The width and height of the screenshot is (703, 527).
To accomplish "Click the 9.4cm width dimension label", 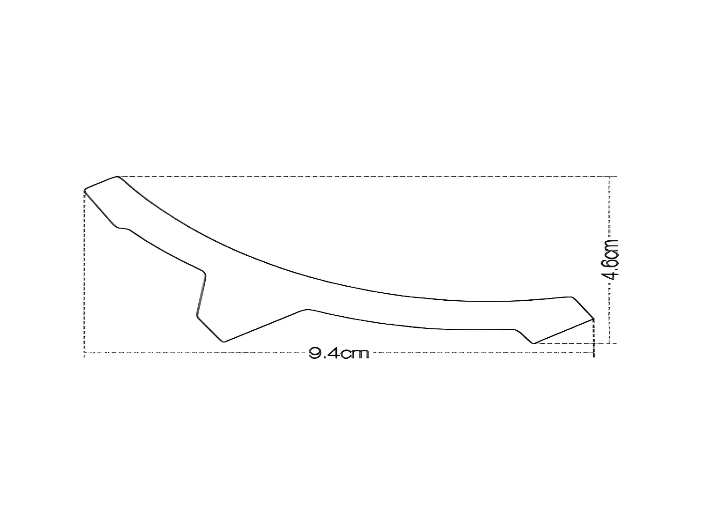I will (339, 354).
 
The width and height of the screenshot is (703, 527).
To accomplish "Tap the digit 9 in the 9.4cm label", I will (314, 354).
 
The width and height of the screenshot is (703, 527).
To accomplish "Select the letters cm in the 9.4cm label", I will (354, 354).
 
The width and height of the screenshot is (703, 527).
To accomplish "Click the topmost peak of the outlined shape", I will (117, 177).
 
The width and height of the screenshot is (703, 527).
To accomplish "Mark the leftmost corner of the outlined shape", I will (84, 190).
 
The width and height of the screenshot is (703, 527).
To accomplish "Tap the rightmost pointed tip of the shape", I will (593, 319).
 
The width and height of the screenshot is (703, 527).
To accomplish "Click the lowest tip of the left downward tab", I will (224, 341).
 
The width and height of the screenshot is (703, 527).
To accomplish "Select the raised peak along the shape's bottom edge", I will (307, 309).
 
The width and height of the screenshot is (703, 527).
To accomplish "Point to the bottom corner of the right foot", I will (534, 343).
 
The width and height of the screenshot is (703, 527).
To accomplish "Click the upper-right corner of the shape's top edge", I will (571, 297).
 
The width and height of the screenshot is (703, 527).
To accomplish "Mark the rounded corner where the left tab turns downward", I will (203, 271).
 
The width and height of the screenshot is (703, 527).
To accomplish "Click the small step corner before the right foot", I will (515, 329).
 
